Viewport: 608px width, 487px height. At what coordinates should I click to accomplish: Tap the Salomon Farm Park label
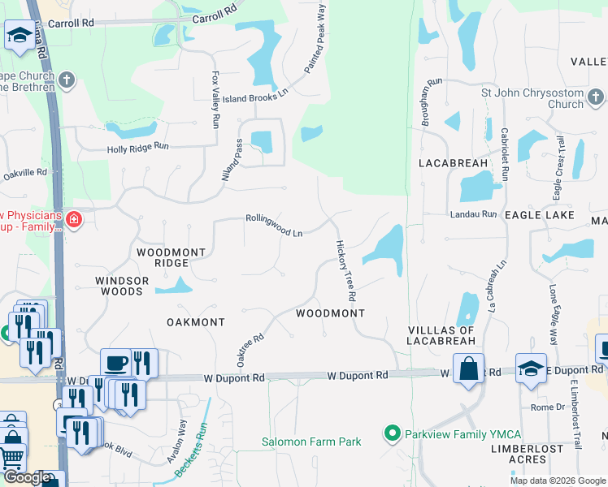pos(311,442)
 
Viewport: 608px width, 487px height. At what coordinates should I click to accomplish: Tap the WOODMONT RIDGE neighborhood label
pos(171,257)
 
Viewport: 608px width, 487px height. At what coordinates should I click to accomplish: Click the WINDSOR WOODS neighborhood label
pos(122,286)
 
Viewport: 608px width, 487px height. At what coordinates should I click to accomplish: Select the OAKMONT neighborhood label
pos(196,322)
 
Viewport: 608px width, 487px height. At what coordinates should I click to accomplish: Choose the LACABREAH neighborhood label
pos(454,163)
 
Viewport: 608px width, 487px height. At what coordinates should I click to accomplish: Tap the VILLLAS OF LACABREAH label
pos(442,335)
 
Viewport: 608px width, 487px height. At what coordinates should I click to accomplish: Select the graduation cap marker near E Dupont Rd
pos(531,368)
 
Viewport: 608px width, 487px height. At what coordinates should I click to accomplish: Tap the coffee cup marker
pos(115,363)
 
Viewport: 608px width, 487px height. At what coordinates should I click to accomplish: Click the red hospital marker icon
pos(74,219)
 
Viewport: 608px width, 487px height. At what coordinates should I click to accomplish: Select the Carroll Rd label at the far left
pos(71,23)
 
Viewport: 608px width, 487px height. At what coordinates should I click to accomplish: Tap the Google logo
pos(27,477)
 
